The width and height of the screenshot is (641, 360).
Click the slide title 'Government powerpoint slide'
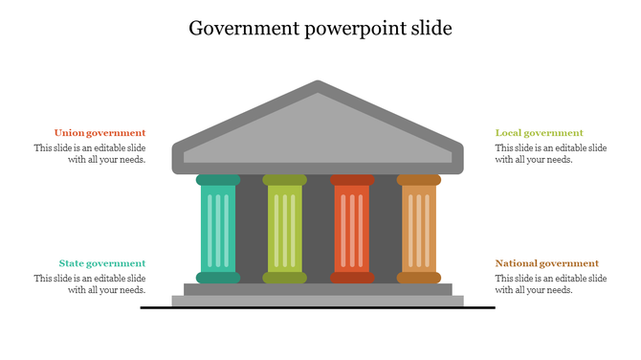320,29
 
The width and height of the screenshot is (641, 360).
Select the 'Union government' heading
99,133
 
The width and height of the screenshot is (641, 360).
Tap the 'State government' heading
101,263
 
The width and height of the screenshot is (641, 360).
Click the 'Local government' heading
539,133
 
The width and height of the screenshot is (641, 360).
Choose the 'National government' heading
546,263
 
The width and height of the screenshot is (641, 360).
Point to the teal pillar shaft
218,230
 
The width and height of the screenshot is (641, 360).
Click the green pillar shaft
285,230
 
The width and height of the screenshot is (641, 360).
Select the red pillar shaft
352,230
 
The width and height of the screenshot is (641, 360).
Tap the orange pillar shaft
419,230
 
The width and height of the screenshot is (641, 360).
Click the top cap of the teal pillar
218,180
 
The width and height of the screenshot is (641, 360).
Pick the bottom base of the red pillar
352,278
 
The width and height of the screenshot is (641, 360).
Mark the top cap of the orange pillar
419,180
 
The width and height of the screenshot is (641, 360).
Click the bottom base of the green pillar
285,278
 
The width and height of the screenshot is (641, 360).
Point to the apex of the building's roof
318,86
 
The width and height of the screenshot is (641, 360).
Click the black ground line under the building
318,307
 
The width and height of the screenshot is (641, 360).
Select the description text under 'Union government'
90,154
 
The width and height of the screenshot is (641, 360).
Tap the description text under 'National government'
551,284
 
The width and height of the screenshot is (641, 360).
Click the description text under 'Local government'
551,154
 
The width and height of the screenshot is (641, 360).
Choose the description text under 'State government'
90,284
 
